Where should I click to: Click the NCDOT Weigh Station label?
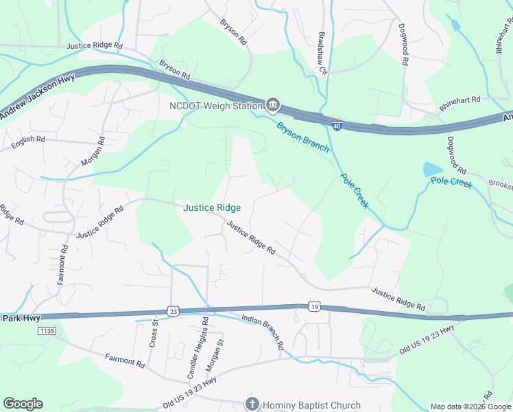click(216, 106)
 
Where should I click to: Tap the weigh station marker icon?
click(273, 105)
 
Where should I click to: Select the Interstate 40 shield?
click(336, 126)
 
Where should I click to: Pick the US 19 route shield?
click(313, 306)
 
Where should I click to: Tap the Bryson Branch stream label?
click(302, 137)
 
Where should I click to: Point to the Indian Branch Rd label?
click(263, 332)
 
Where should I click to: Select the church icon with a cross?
click(252, 404)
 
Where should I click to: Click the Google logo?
click(23, 404)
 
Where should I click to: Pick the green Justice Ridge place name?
click(211, 207)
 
